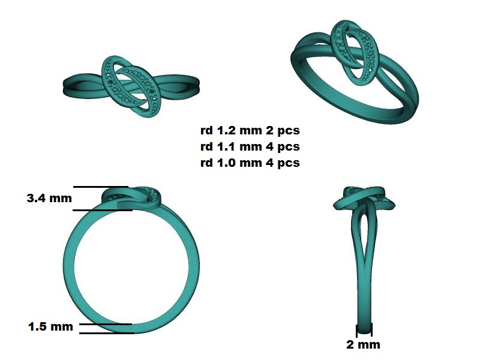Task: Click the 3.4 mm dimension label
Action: [x=49, y=198]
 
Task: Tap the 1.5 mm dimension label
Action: [x=50, y=326]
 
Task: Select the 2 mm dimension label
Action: [x=364, y=344]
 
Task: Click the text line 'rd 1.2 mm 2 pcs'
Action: [x=250, y=130]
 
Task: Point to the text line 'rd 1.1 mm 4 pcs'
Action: [x=250, y=146]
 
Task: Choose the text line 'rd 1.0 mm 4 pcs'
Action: [x=250, y=163]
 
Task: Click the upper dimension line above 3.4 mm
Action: [x=101, y=187]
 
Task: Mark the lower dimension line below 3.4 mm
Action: [x=103, y=210]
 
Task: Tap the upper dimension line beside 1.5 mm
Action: [x=106, y=324]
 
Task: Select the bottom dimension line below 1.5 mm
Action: [x=107, y=333]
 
